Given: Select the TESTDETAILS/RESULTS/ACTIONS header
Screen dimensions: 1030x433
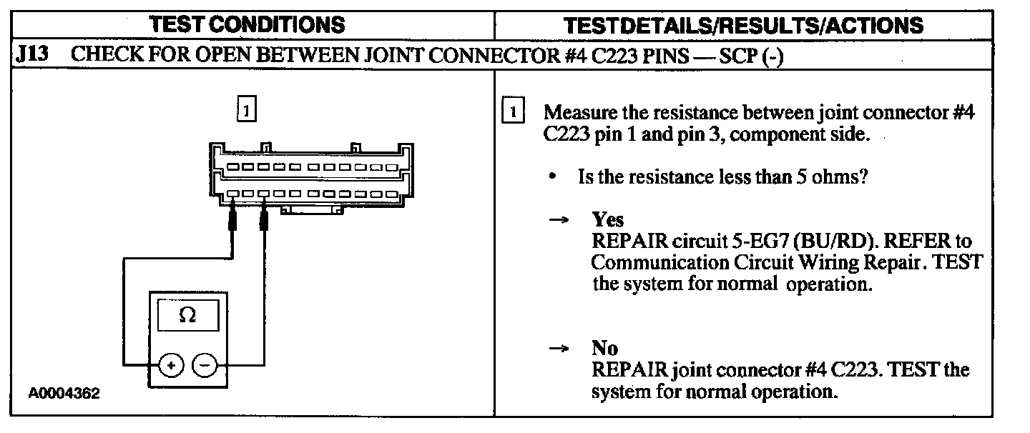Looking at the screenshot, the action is tap(744, 26).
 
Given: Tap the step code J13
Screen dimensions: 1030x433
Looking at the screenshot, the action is tap(31, 56).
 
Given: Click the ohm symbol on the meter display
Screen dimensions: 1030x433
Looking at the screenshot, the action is tap(187, 315).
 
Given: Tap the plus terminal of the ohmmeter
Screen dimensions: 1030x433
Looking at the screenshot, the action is tap(170, 366).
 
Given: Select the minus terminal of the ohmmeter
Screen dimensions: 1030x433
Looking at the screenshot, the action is tap(205, 366).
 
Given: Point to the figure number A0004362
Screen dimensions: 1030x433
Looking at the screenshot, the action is tap(64, 394).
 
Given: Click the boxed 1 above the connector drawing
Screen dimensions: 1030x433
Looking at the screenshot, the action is tap(245, 111).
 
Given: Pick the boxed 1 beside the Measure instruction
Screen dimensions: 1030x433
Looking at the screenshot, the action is tap(514, 112).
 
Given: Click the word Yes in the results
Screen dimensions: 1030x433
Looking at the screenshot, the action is tap(607, 219).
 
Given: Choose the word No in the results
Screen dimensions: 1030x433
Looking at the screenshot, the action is tap(604, 348).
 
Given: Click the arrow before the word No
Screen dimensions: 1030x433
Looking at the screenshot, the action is tap(558, 349).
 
